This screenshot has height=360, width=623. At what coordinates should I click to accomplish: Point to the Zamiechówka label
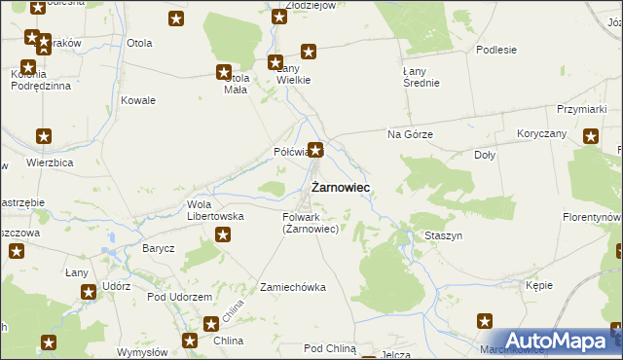coord(292,287)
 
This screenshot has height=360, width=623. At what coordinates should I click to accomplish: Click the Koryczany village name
coord(542,133)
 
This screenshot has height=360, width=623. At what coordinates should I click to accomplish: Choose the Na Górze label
coord(410,134)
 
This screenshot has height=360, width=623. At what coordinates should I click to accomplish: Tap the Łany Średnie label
coord(421,77)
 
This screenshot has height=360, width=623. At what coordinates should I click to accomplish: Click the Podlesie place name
coord(495,49)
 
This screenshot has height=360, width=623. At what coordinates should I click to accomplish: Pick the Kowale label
coord(138,100)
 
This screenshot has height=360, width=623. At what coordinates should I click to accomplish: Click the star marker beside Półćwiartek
coord(315,151)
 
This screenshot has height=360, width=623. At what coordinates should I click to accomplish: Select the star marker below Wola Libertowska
coord(223,234)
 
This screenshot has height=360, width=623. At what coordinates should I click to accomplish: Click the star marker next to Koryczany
coord(590,136)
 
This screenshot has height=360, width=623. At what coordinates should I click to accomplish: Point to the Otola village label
coord(139,44)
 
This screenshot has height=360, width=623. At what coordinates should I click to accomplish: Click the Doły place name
coord(484,155)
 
